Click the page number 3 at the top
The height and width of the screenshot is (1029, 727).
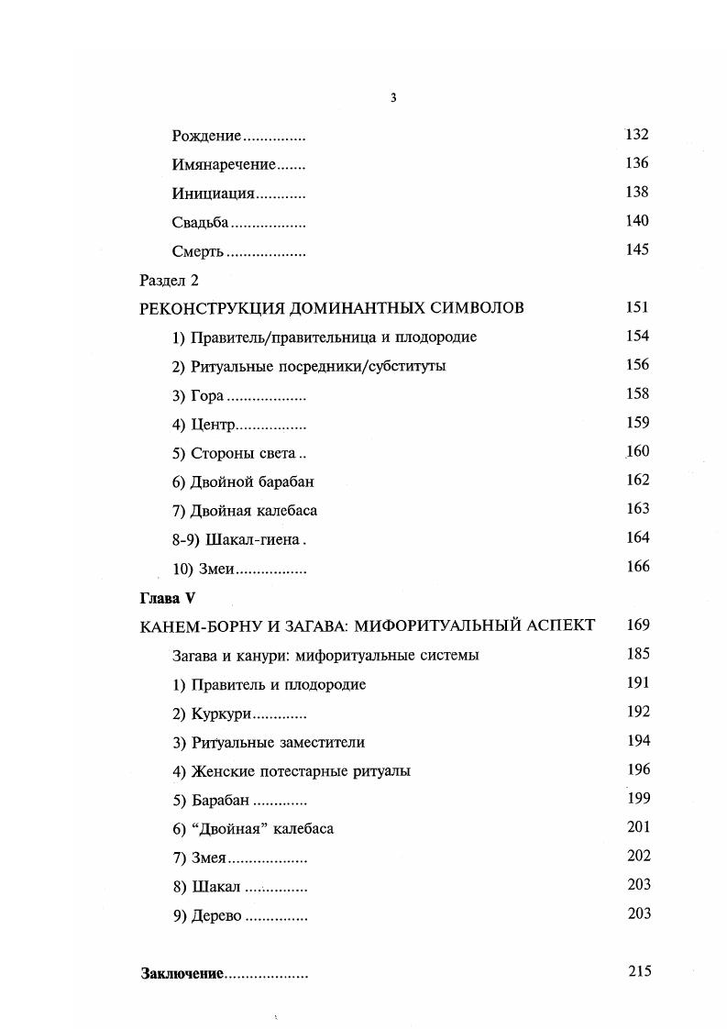pyautogui.click(x=392, y=98)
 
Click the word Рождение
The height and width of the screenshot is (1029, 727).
pyautogui.click(x=206, y=136)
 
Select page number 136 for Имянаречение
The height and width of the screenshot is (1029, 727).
pyautogui.click(x=636, y=163)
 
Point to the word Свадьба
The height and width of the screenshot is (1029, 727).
pyautogui.click(x=200, y=222)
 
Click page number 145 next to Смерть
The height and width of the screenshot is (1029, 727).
pyautogui.click(x=636, y=249)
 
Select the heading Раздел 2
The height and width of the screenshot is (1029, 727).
pyautogui.click(x=169, y=280)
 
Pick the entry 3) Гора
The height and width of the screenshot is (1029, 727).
pyautogui.click(x=198, y=395)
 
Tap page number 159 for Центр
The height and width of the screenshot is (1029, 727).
pyautogui.click(x=637, y=423)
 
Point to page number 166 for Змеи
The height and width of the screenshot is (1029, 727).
pyautogui.click(x=637, y=567)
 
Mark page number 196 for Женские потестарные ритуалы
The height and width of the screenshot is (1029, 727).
pyautogui.click(x=638, y=769)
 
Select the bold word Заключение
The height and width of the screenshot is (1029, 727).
pyautogui.click(x=182, y=973)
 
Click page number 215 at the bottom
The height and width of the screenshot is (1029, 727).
pyautogui.click(x=639, y=971)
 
